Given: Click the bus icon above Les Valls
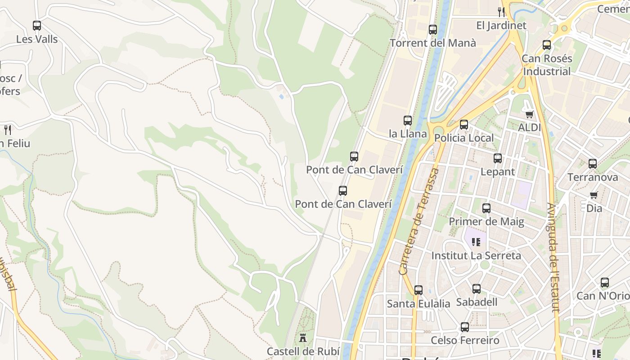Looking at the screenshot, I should pyautogui.click(x=37, y=26).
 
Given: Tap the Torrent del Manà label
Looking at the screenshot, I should pyautogui.click(x=432, y=43).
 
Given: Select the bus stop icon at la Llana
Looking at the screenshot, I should pyautogui.click(x=408, y=121).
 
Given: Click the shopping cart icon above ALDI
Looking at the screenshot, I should pyautogui.click(x=529, y=114).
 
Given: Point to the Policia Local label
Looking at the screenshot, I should pyautogui.click(x=464, y=138).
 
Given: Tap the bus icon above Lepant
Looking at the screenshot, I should pyautogui.click(x=497, y=158).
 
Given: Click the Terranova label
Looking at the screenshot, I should pyautogui.click(x=593, y=177).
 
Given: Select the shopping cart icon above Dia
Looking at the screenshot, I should pyautogui.click(x=594, y=195).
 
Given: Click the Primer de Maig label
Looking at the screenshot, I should pyautogui.click(x=486, y=221).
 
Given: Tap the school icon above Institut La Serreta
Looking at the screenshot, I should pyautogui.click(x=476, y=242).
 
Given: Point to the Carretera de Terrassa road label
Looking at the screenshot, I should pyautogui.click(x=418, y=221).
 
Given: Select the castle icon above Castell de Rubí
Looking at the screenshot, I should pyautogui.click(x=303, y=338).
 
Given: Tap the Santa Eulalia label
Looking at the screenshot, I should pyautogui.click(x=418, y=304).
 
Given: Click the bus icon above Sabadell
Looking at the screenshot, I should pyautogui.click(x=477, y=289).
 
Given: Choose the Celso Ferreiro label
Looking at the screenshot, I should pyautogui.click(x=465, y=340).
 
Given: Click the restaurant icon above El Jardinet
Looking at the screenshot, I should pyautogui.click(x=501, y=12).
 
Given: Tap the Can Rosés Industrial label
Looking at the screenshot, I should pyautogui.click(x=547, y=65).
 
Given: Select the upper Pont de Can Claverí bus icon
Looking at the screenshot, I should pyautogui.click(x=354, y=157).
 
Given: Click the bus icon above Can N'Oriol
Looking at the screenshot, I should pyautogui.click(x=605, y=283).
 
